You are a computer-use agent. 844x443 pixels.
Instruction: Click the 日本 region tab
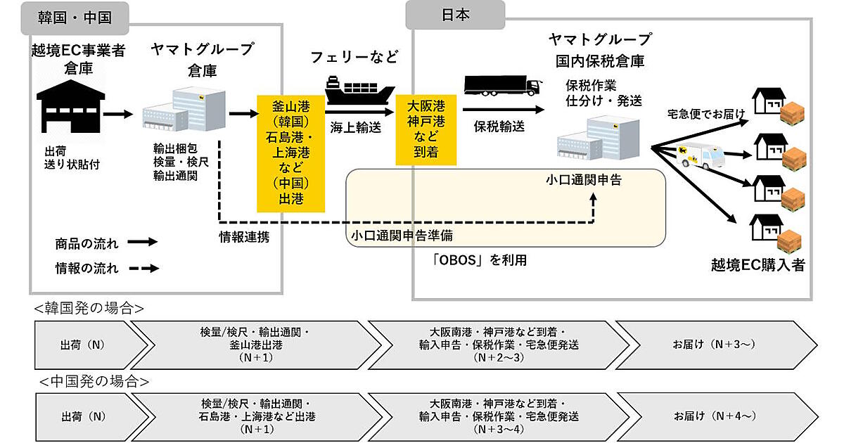coord(455,15)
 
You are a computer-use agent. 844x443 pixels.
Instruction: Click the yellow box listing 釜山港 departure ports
coord(291,153)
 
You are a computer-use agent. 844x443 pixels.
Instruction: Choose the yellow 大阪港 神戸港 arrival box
coord(426,128)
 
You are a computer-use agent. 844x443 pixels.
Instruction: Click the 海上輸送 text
coord(356,127)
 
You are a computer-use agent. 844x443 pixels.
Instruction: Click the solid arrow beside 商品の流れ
coord(142,243)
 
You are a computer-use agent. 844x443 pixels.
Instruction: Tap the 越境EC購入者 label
coord(758,266)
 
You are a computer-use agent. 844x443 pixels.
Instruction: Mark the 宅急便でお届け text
coord(704,113)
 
